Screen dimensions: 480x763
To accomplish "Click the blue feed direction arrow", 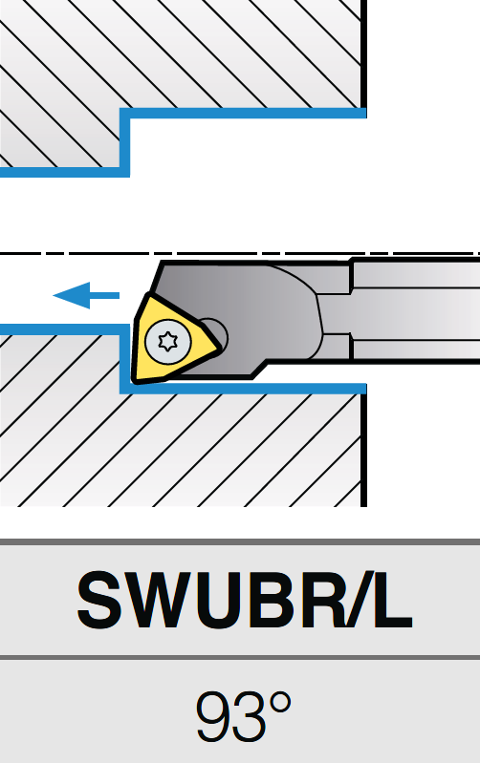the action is tap(86, 295).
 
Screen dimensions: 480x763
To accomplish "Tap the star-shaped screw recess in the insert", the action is tap(168, 341).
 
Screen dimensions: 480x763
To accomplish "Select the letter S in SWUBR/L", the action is tap(99, 601).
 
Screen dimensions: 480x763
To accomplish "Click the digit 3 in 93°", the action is tap(251, 716).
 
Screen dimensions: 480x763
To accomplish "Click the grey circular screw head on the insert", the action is tap(168, 341).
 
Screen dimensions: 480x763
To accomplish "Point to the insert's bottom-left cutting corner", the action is tap(135, 380).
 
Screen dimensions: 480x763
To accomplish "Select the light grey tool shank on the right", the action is tap(415, 311).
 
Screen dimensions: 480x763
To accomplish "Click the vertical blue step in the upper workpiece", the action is tap(124, 142).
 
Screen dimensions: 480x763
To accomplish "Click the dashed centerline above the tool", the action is tap(240, 253).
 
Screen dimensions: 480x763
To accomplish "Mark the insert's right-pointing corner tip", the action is tap(220, 348).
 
